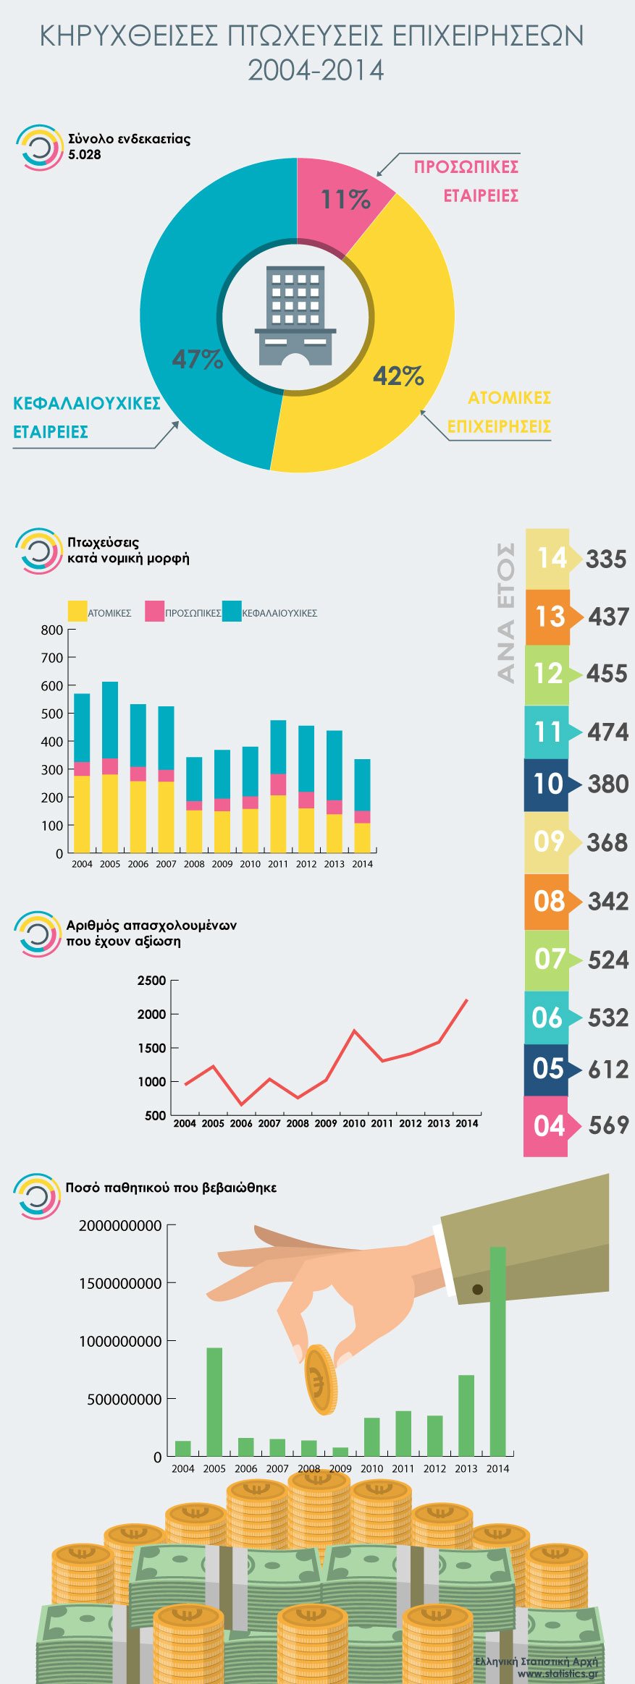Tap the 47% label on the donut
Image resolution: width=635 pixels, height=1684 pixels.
197,359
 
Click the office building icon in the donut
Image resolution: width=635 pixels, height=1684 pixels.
295,316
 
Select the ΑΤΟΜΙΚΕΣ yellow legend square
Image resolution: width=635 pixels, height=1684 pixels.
77,611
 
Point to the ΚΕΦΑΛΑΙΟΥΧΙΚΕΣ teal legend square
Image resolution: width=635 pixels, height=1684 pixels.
232,611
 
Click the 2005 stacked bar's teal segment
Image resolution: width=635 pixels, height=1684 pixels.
110,719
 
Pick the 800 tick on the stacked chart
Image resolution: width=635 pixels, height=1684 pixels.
52,630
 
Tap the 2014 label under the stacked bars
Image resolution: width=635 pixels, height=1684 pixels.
362,864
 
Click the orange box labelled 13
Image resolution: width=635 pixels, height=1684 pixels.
548,617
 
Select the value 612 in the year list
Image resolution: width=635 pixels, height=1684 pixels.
607,1070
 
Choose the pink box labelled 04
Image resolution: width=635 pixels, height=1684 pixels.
547,1126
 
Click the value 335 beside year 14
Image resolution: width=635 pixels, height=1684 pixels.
606,559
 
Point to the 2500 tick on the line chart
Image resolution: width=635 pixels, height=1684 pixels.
152,981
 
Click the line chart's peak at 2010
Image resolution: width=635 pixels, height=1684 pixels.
354,1030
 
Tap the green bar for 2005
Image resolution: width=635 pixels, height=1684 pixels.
214,1402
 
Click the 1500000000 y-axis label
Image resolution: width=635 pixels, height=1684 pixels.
120,1283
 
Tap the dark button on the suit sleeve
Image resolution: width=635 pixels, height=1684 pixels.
477,1290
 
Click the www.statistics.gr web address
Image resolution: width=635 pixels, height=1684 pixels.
558,1673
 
